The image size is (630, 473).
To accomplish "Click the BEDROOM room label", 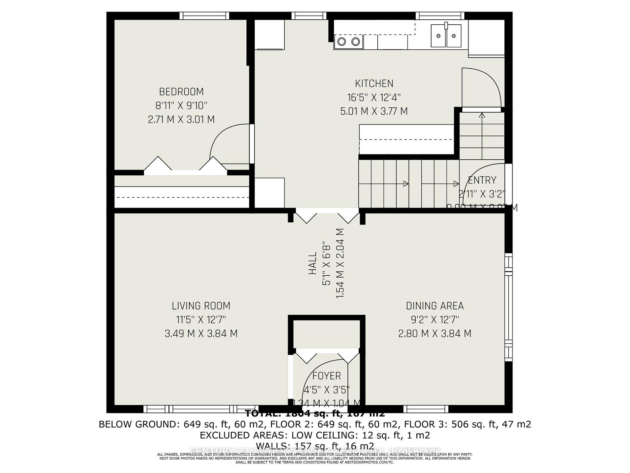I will pyautogui.click(x=181, y=92).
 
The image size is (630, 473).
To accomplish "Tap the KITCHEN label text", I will pyautogui.click(x=374, y=84).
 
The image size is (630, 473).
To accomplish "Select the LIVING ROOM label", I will pyautogui.click(x=201, y=306).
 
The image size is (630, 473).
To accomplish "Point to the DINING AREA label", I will pyautogui.click(x=435, y=306).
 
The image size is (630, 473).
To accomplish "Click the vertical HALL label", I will pyautogui.click(x=312, y=263).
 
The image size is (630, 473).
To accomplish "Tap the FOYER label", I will pyautogui.click(x=326, y=376).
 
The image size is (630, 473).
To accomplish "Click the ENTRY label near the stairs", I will pyautogui.click(x=482, y=180).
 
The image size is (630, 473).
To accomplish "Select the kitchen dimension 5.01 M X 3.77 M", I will pyautogui.click(x=374, y=111).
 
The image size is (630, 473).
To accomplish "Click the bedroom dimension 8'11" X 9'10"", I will pyautogui.click(x=181, y=105).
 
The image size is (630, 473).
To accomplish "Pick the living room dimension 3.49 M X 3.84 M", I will pyautogui.click(x=201, y=333).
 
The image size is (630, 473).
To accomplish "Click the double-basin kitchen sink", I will pyautogui.click(x=446, y=35).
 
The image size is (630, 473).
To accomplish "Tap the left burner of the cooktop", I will pyautogui.click(x=342, y=42).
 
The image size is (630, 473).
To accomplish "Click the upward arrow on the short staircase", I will pyautogui.click(x=482, y=116).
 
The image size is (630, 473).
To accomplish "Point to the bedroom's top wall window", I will pyautogui.click(x=204, y=15).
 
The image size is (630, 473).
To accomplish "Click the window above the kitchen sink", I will pyautogui.click(x=440, y=15).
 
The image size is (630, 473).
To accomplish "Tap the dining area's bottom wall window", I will pyautogui.click(x=426, y=409).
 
